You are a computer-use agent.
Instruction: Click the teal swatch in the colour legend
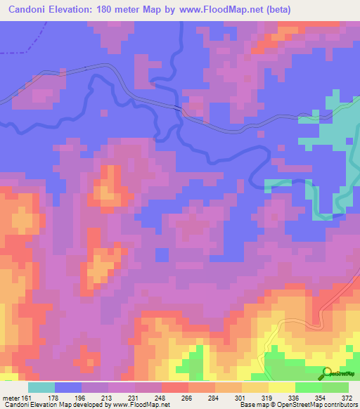pos(41,387)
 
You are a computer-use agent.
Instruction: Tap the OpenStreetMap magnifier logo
pos(328,373)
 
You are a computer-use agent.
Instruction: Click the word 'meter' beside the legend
pos(11,397)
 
